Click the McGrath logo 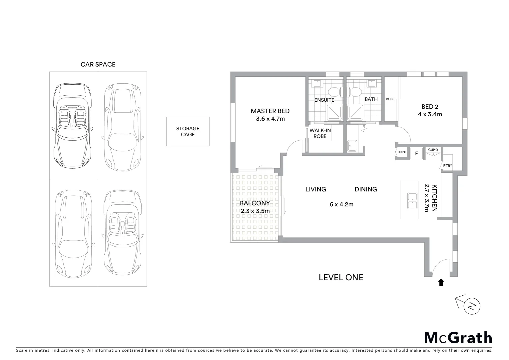point(458,338)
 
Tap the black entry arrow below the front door point(441,283)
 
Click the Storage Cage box point(188,131)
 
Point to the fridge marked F point(416,153)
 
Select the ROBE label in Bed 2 point(390,99)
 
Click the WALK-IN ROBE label point(320,133)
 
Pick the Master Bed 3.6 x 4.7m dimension point(270,119)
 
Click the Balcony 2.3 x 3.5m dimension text point(255,211)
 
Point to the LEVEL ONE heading point(341,277)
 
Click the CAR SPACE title point(98,64)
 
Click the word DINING point(366,189)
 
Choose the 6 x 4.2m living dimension point(341,204)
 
